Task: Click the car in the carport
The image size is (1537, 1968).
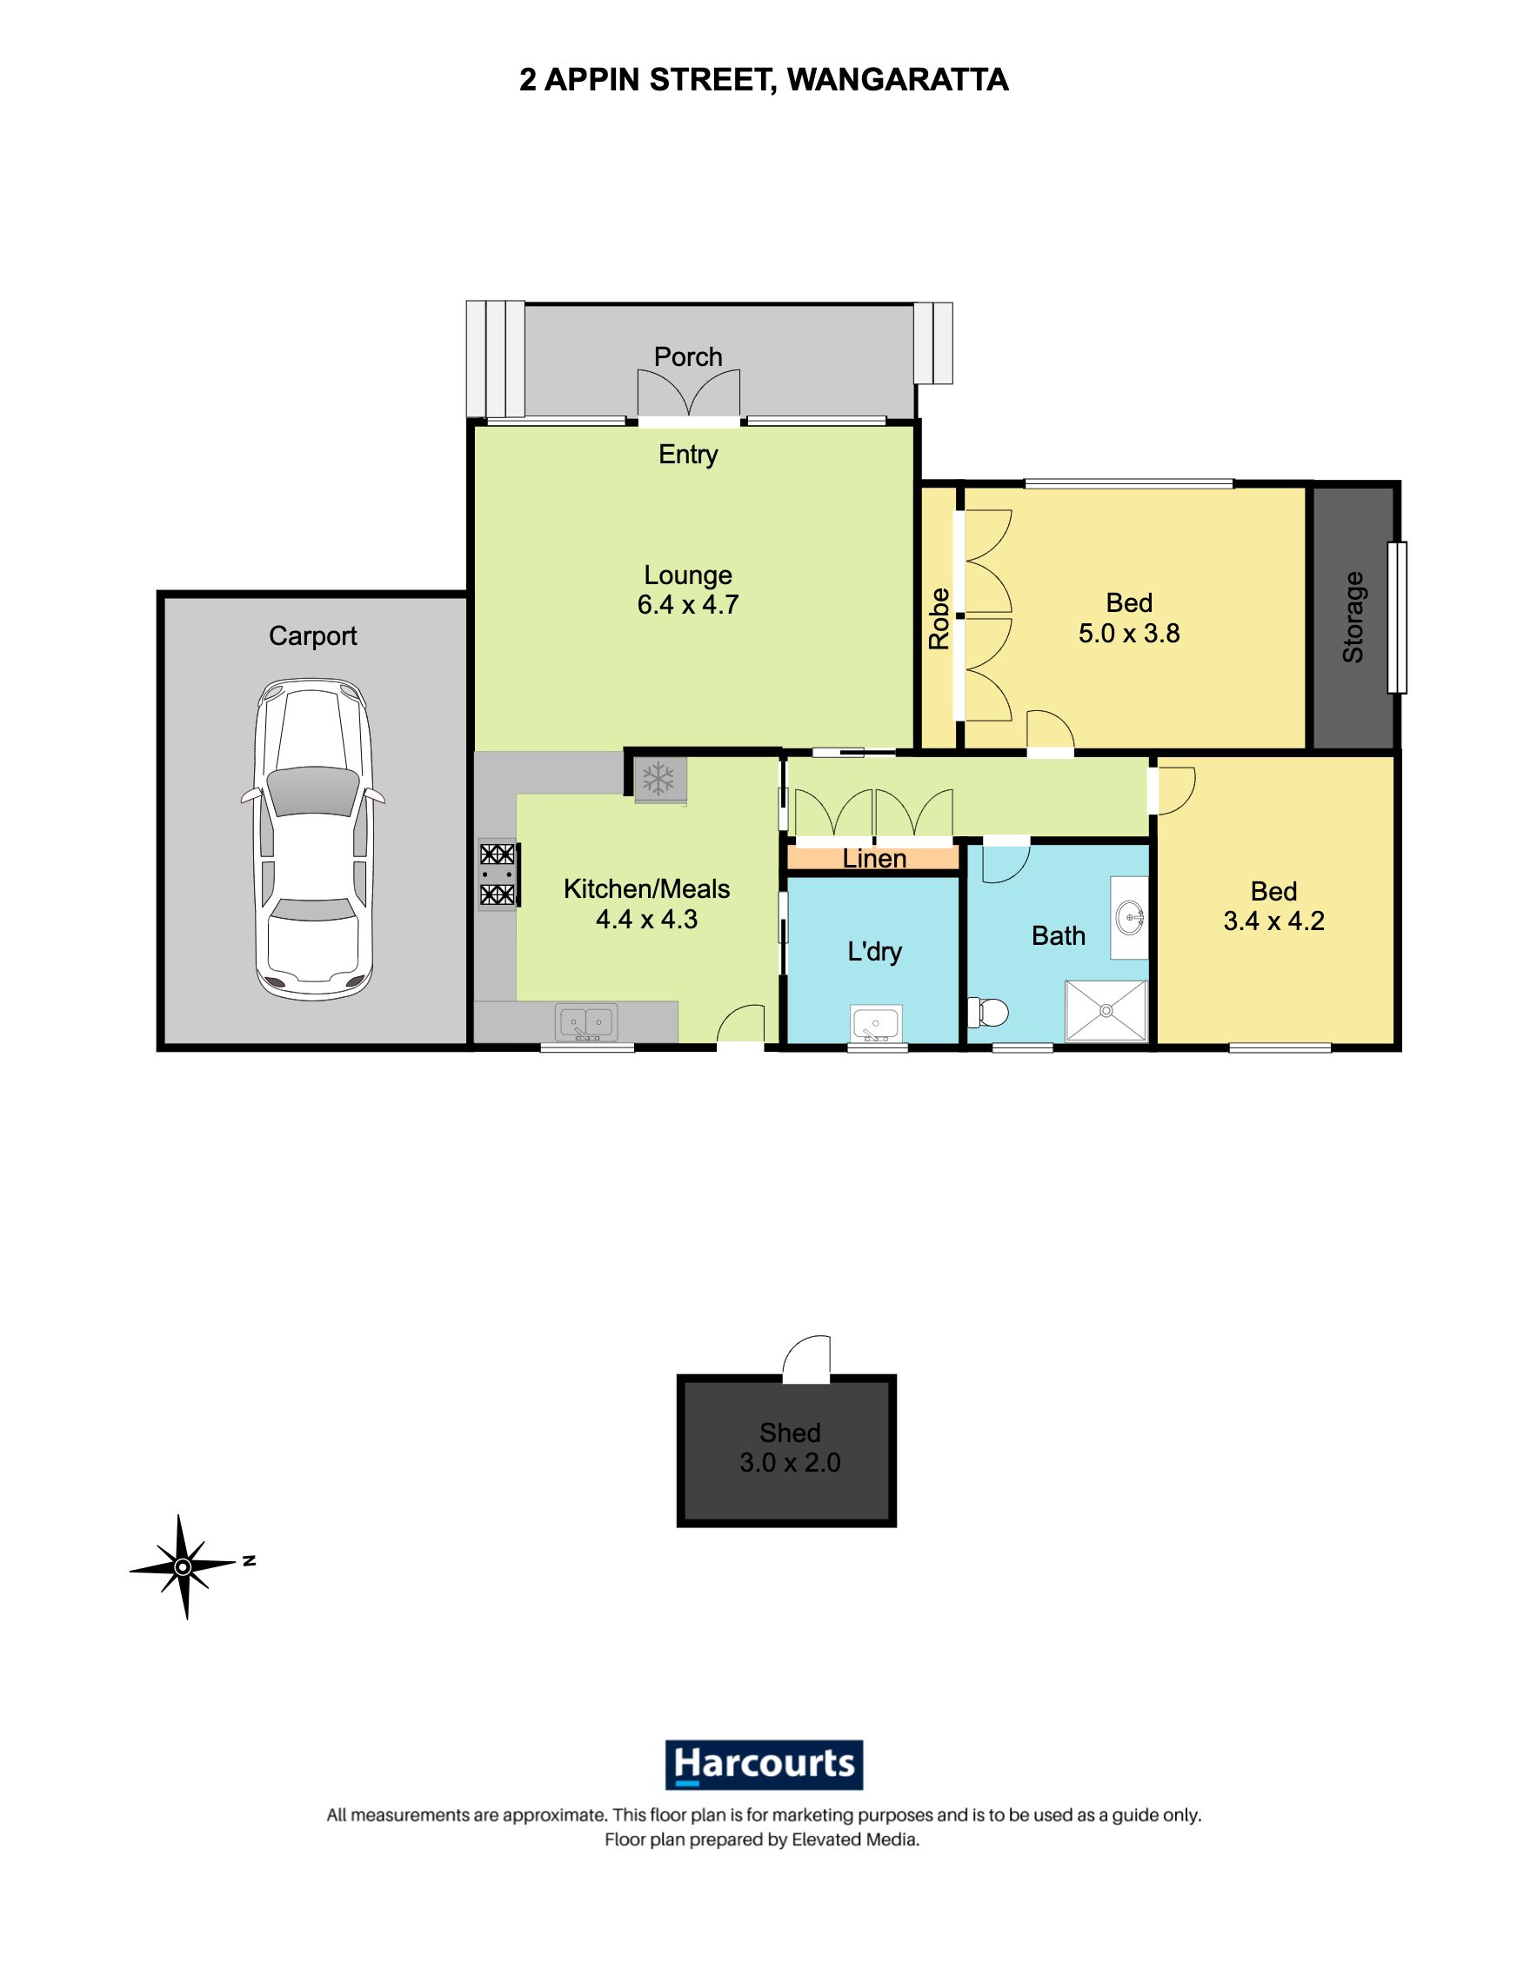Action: (313, 839)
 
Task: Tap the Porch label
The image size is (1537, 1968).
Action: (688, 357)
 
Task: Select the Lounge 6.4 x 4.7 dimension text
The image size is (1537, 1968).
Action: (688, 605)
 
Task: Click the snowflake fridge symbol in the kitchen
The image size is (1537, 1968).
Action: (659, 778)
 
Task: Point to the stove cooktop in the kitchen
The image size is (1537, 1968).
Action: (497, 874)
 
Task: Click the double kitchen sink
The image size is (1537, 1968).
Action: (587, 1023)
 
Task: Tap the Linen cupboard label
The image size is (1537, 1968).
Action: (874, 859)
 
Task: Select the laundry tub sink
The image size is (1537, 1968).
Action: (876, 1025)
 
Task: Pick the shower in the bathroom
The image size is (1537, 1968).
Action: (1106, 1010)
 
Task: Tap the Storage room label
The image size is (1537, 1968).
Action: (1353, 617)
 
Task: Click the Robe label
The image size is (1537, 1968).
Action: (939, 618)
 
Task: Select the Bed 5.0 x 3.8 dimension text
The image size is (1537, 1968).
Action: (1129, 634)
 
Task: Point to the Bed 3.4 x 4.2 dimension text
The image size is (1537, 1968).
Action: (1273, 921)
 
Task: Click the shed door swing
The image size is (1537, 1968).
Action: (806, 1360)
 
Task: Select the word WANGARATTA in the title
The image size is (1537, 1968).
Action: (898, 80)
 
